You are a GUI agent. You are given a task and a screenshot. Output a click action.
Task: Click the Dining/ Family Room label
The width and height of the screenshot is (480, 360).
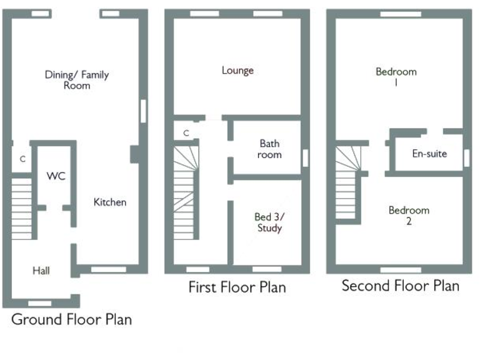(76, 80)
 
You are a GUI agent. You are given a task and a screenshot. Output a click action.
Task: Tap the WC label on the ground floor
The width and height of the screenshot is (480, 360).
(56, 176)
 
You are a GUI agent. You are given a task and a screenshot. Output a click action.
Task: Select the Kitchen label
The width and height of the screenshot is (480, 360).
(110, 202)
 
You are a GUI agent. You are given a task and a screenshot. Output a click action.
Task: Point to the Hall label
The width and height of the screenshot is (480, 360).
(41, 271)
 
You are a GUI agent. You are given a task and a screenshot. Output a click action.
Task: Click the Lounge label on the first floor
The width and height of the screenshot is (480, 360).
(237, 70)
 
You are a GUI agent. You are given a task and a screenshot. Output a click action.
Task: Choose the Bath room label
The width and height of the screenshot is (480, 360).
(270, 149)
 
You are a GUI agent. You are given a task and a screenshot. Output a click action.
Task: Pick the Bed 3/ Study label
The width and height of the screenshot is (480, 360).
(269, 222)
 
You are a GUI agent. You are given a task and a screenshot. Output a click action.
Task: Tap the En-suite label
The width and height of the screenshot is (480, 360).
(429, 153)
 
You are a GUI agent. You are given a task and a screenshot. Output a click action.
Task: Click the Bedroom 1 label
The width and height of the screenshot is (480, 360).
(396, 76)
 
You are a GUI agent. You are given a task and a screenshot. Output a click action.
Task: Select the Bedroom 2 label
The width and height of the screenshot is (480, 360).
(409, 216)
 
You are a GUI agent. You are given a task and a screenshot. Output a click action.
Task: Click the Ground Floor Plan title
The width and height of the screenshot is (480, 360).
(72, 319)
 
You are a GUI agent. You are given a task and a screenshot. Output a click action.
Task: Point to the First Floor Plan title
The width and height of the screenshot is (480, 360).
(237, 287)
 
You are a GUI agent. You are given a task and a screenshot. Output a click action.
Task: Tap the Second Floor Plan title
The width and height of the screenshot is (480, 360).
(400, 286)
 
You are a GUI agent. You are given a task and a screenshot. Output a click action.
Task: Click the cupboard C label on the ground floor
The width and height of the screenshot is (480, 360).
(22, 159)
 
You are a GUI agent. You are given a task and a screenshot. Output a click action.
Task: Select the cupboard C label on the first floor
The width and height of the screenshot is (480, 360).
(186, 132)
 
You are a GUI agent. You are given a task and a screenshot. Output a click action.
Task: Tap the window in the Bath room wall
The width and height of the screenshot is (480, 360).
(306, 157)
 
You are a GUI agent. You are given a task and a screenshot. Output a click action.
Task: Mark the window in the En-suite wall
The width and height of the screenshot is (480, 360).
(466, 158)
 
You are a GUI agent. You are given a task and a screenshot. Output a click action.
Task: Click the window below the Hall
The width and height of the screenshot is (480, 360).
(40, 303)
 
